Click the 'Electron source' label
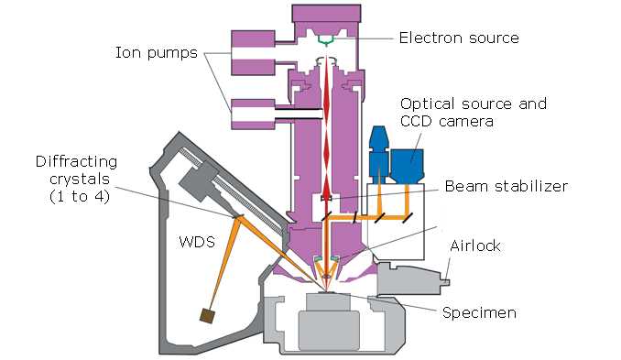458,38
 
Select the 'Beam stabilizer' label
506,186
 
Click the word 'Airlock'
475,246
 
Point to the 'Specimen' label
479,312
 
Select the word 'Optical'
429,104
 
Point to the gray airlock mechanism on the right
411,278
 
